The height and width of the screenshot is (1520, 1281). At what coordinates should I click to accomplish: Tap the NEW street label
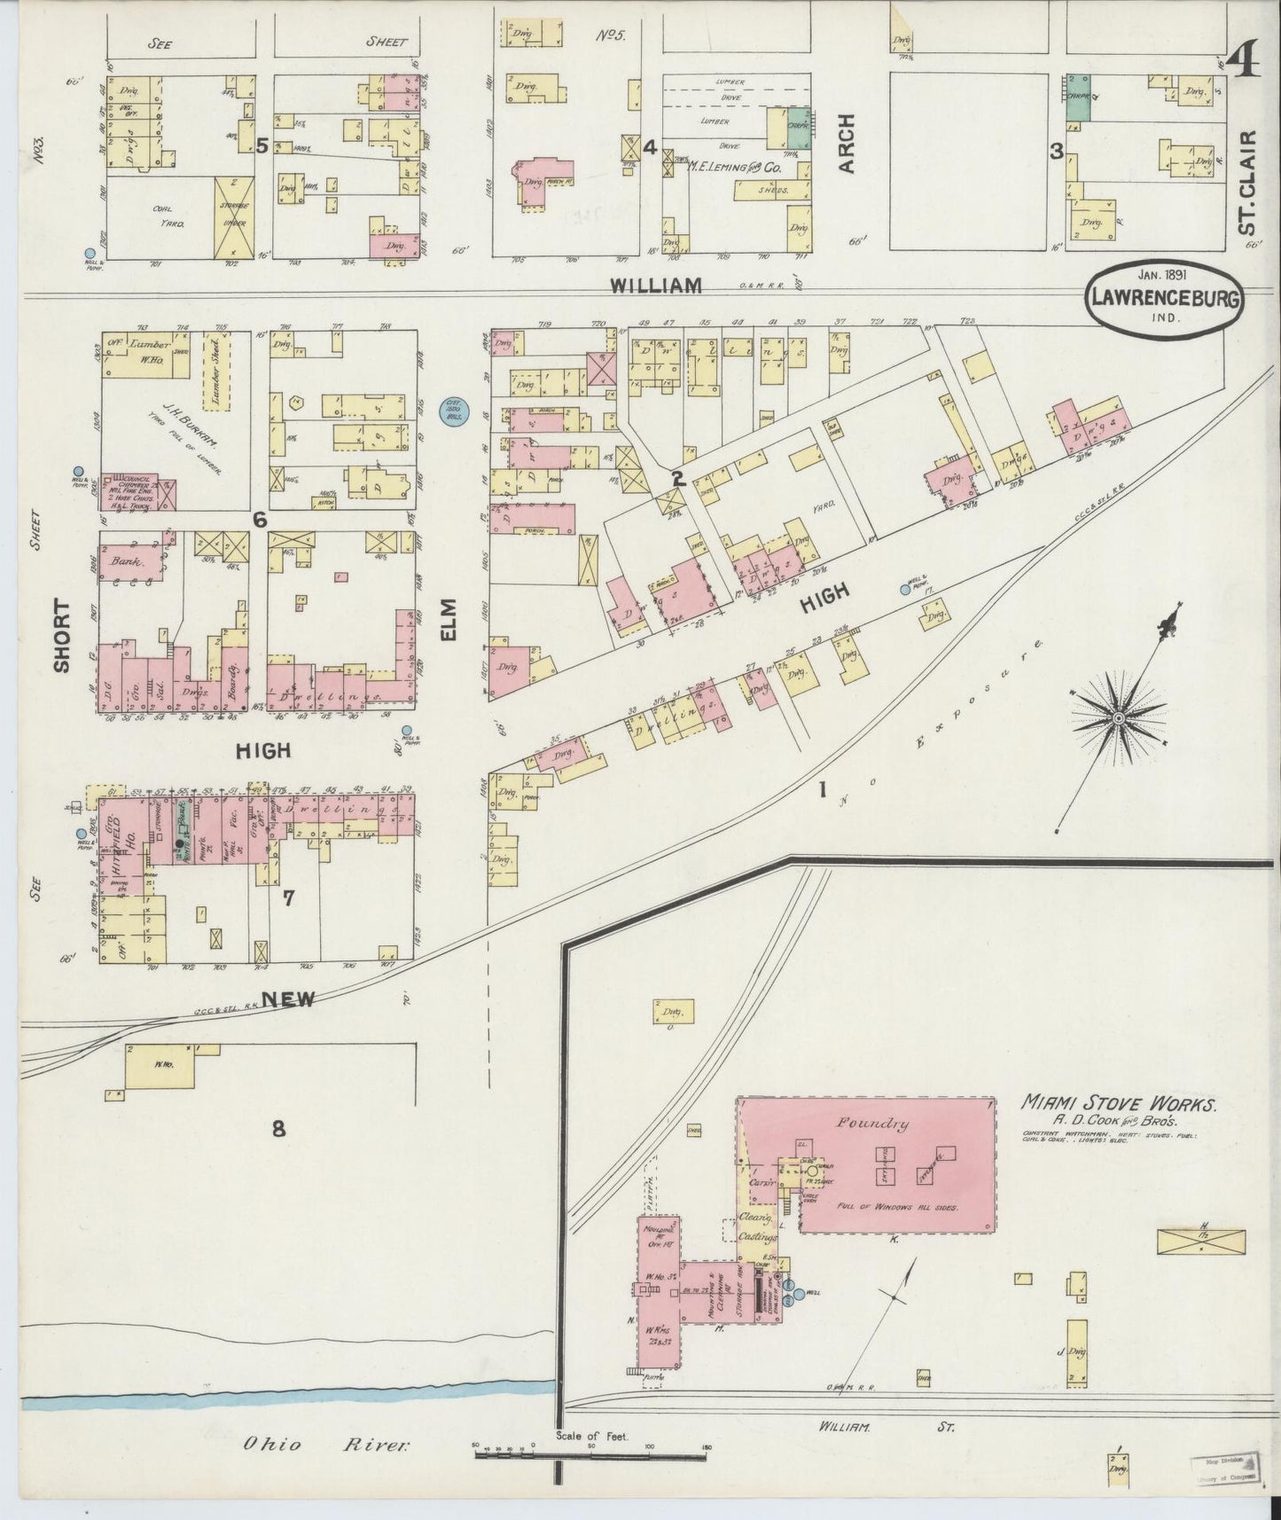pyautogui.click(x=287, y=999)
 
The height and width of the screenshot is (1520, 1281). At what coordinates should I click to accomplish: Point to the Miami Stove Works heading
pyautogui.click(x=1121, y=1103)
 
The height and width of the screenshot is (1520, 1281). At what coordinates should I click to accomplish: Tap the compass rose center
pyautogui.click(x=1119, y=717)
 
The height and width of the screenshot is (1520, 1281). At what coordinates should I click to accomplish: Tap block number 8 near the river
pyautogui.click(x=278, y=1129)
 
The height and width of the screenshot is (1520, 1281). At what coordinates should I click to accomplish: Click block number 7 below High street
pyautogui.click(x=288, y=897)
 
